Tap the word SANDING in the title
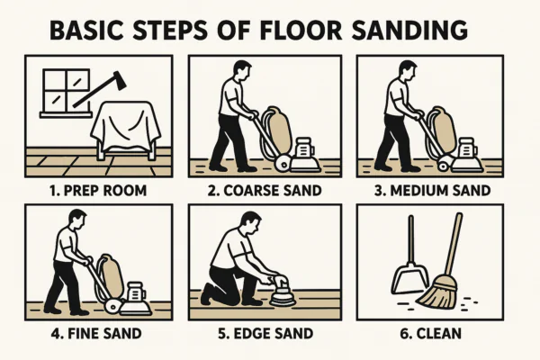(409, 30)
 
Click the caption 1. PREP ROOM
(98, 191)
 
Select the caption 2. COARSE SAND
(265, 191)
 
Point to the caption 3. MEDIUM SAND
(432, 191)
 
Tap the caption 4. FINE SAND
(96, 334)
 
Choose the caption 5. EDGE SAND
(265, 334)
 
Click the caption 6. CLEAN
(430, 334)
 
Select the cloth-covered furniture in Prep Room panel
(126, 130)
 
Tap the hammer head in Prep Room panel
(118, 81)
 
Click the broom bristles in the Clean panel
(437, 293)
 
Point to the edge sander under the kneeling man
(283, 294)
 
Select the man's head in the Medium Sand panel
(408, 72)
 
